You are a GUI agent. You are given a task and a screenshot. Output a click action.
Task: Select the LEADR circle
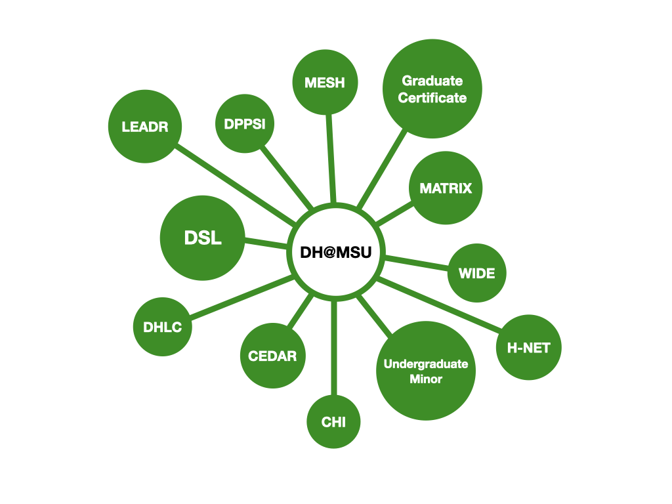(144, 126)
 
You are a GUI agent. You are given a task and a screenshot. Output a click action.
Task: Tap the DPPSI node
(244, 123)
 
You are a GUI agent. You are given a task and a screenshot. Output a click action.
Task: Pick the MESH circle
(325, 83)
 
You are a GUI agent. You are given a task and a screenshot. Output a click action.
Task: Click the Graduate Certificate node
(432, 89)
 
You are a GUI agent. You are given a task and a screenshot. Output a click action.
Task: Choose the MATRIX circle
(446, 188)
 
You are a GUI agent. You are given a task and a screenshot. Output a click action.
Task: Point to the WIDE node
(477, 273)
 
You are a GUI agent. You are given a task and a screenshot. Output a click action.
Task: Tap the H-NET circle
(528, 348)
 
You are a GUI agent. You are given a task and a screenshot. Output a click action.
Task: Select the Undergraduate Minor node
(426, 371)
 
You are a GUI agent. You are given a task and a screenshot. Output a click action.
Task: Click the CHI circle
(333, 422)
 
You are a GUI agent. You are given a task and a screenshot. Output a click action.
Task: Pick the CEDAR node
(272, 356)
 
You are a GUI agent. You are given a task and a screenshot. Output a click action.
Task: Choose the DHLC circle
(162, 327)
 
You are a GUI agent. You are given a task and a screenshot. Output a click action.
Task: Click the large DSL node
(203, 238)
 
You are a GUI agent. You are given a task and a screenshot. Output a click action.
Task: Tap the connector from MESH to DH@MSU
(330, 157)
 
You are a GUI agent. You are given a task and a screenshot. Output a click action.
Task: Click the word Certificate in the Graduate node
(432, 98)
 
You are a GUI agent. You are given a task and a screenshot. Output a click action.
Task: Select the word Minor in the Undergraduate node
(426, 379)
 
